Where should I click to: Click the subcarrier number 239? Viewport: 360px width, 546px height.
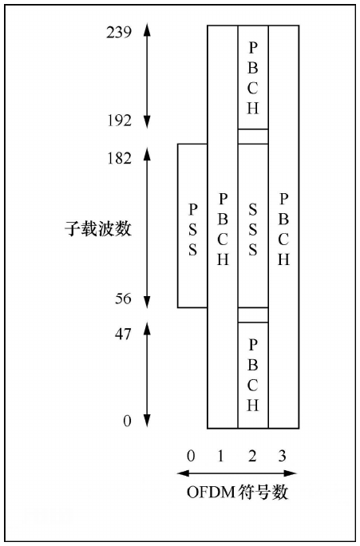pos(119,33)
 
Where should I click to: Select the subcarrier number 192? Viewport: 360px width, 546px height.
pos(119,121)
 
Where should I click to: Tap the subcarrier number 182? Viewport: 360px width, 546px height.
pos(119,158)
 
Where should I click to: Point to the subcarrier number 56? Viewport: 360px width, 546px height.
pos(123,299)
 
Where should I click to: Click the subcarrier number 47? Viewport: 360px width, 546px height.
pos(123,334)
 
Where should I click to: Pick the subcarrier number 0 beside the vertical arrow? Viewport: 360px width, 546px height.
pos(128,421)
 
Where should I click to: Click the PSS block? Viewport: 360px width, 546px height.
pos(192,226)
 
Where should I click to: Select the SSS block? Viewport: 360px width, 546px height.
pos(253,226)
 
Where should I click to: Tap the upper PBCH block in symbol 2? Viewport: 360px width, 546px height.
pos(253,77)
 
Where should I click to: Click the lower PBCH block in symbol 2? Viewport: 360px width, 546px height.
pos(253,375)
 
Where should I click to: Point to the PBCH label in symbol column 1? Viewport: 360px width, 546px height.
pos(223,229)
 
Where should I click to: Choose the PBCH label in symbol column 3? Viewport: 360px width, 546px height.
pos(283,229)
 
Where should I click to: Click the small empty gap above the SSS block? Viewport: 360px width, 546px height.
pos(253,136)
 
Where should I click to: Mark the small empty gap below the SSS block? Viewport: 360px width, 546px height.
pos(253,315)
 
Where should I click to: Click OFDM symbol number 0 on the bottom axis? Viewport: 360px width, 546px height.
pos(191,456)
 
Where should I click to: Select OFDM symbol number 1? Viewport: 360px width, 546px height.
pos(220,456)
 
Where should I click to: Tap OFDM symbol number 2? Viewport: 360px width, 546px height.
pos(252,456)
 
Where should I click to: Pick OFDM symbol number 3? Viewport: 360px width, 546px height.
pos(282,456)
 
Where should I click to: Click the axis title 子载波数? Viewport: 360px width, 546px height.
pos(98,229)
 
